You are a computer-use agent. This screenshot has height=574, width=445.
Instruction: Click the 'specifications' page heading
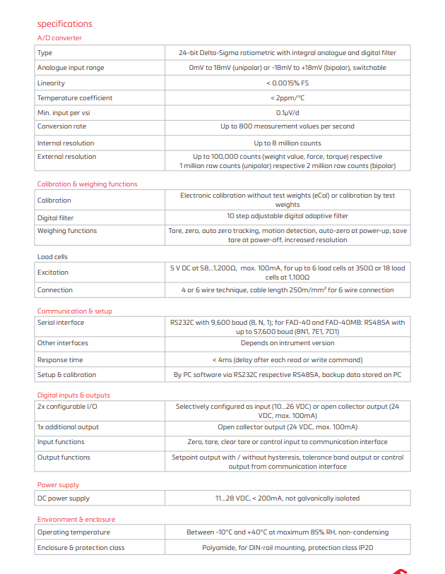tap(65, 24)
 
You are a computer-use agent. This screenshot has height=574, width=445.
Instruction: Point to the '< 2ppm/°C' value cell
tap(287, 98)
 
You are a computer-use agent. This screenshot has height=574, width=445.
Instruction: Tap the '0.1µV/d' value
tap(287, 112)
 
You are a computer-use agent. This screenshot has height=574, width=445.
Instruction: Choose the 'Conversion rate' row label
tap(62, 126)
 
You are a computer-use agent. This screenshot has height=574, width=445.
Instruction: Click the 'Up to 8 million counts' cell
tap(287, 143)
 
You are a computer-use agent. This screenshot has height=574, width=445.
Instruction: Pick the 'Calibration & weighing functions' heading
tap(87, 184)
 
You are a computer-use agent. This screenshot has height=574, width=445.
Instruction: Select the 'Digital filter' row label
tap(55, 218)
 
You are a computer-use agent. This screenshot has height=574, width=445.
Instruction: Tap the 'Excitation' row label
tap(53, 273)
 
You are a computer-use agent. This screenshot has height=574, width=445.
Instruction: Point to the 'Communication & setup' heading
tap(74, 311)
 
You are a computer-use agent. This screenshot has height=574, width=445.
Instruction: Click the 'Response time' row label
tap(61, 359)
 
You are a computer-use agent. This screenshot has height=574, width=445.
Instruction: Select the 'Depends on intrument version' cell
tap(287, 343)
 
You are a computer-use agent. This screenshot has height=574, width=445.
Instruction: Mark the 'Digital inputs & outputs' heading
tap(73, 395)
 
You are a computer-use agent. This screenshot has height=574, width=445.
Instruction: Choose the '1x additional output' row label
tap(68, 427)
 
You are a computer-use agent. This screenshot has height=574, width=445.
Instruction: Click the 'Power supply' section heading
tap(58, 485)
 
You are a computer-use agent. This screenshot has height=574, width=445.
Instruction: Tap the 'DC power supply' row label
tap(64, 498)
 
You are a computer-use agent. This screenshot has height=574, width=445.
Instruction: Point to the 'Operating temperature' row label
tap(73, 532)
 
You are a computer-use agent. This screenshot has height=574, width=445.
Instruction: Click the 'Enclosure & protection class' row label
tap(81, 548)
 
